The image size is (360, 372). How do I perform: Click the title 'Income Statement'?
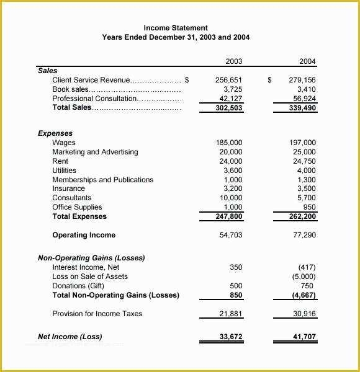[176, 28]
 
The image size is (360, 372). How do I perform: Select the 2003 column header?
[234, 61]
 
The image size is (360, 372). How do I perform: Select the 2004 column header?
[307, 61]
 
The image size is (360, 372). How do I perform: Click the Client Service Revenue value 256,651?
[229, 80]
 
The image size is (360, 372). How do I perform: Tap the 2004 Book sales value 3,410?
[306, 89]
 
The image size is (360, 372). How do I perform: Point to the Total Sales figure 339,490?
[302, 108]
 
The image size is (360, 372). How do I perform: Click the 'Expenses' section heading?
[55, 133]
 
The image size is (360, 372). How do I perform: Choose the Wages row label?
[64, 143]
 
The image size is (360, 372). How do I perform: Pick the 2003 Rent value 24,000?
[231, 161]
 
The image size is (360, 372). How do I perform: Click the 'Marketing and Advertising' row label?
[95, 152]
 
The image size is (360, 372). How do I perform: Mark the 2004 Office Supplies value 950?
[308, 207]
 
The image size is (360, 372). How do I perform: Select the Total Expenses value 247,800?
[229, 217]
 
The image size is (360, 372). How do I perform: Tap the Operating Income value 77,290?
[304, 236]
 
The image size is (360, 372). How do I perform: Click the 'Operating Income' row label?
[84, 236]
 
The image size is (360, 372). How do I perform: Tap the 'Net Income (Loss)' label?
[70, 337]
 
